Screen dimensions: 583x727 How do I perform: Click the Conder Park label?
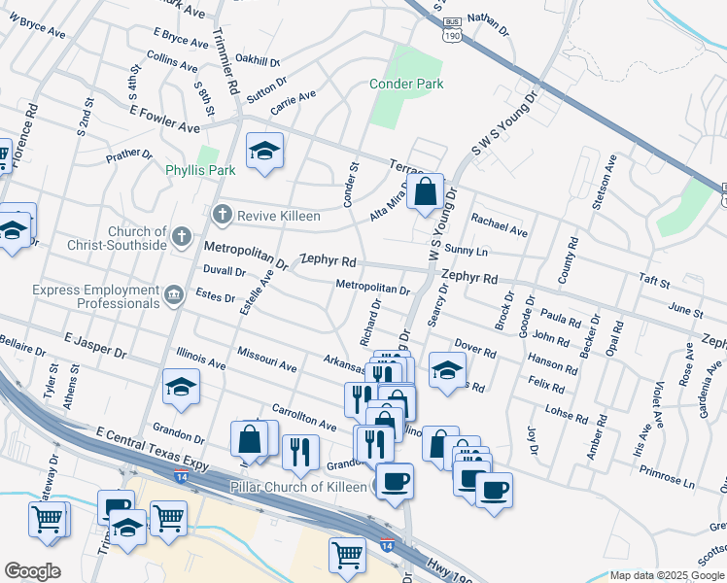(406, 85)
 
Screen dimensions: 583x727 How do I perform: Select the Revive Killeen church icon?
(222, 214)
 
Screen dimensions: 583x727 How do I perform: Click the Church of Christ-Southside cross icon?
(181, 236)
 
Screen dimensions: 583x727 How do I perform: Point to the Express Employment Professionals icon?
(174, 295)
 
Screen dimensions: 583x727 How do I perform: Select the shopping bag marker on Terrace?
(425, 192)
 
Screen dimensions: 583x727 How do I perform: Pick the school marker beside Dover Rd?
(447, 370)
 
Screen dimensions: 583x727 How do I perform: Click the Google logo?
(32, 571)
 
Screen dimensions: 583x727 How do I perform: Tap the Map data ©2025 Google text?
(667, 575)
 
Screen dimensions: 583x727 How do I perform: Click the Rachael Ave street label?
(499, 224)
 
